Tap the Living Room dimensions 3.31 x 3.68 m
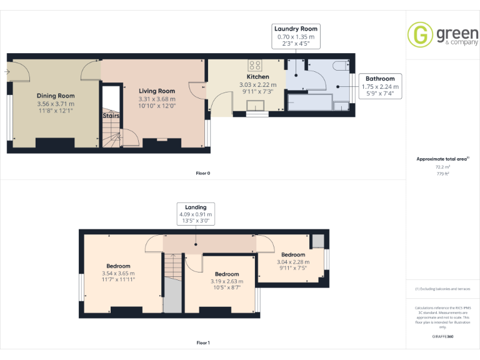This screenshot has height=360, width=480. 156,99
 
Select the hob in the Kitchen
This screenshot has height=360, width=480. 255,64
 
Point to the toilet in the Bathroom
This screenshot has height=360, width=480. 341,65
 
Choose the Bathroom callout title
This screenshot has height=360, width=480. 380,79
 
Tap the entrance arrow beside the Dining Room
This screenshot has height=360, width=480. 7,72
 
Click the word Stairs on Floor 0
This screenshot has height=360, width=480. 111,115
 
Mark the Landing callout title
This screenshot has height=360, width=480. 196,207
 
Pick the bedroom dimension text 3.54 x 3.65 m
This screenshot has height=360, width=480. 117,273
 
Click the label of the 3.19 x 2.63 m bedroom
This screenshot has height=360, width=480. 226,274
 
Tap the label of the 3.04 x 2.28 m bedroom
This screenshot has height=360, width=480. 292,254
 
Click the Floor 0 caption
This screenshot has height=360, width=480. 203,172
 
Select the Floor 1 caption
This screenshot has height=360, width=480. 203,342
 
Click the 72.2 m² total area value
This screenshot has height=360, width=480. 442,167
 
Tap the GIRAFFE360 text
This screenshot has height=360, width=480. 442,336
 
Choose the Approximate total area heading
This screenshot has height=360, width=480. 441,159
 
